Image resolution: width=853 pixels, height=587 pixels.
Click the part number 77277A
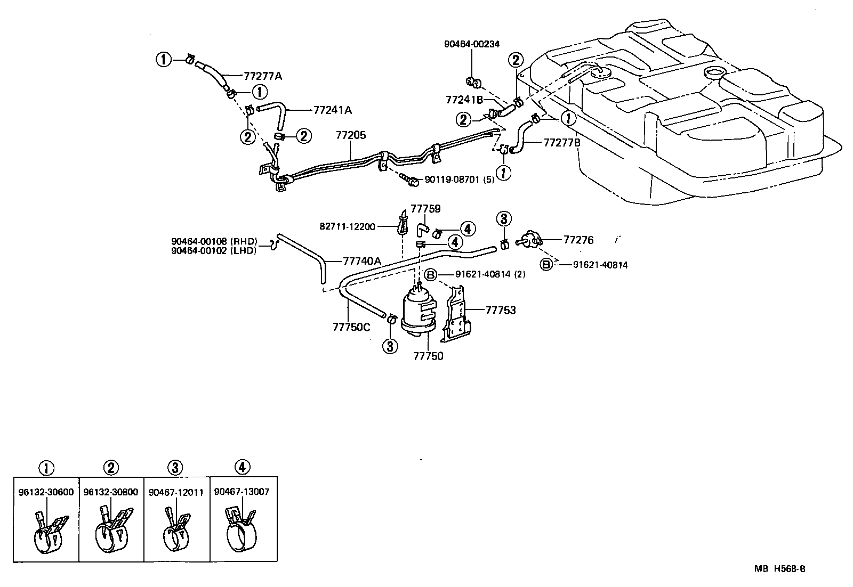[x=263, y=76]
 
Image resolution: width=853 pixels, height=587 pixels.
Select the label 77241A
[x=333, y=110]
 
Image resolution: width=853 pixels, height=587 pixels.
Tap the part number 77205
[x=351, y=135]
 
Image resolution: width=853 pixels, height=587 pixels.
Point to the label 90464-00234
[x=472, y=44]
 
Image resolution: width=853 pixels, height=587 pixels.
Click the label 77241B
[x=464, y=100]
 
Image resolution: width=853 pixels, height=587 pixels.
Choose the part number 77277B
[x=562, y=143]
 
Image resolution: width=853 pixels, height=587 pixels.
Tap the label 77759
[x=425, y=209]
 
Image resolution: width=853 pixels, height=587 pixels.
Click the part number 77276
[x=578, y=240]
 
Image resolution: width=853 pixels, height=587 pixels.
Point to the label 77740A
[x=362, y=261]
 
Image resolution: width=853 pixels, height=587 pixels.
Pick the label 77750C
[x=351, y=327]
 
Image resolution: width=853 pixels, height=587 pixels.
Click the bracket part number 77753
[x=501, y=310]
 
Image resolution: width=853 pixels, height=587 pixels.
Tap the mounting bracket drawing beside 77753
[x=456, y=314]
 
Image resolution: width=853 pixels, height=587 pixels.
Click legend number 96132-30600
[x=46, y=493]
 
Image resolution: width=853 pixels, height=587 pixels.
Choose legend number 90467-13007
[x=242, y=492]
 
